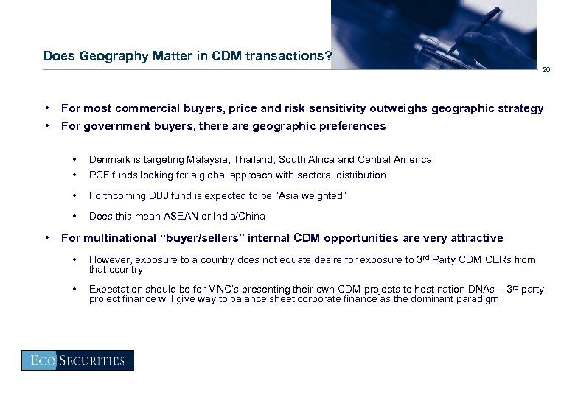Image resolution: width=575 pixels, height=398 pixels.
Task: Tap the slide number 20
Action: click(546, 70)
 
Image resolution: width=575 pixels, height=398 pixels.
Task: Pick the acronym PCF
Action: click(98, 175)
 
